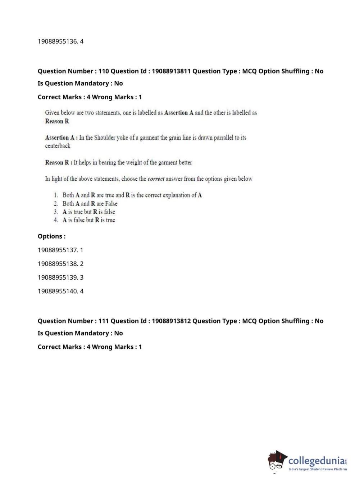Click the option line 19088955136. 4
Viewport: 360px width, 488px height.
(60, 41)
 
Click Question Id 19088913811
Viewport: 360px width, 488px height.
(171, 71)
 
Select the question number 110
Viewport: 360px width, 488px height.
(104, 71)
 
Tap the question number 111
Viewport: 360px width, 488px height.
(104, 321)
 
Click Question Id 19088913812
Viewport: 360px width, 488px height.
(171, 321)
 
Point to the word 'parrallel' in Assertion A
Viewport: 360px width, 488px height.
(223, 137)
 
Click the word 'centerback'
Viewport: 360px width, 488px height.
(58, 146)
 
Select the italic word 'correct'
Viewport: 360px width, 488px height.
(156, 179)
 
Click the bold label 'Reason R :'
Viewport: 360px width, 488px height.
(58, 163)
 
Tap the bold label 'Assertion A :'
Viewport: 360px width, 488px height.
(61, 137)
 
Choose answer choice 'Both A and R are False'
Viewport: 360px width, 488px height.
(90, 204)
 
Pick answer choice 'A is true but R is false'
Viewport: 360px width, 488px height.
(88, 212)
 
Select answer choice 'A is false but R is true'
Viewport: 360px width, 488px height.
(88, 220)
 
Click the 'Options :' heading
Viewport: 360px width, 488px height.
(51, 236)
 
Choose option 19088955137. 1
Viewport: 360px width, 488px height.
(60, 250)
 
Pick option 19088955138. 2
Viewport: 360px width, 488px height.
(60, 264)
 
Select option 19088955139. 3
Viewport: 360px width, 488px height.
(60, 277)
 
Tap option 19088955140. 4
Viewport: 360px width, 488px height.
(60, 291)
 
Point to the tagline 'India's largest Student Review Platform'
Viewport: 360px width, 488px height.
(318, 469)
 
